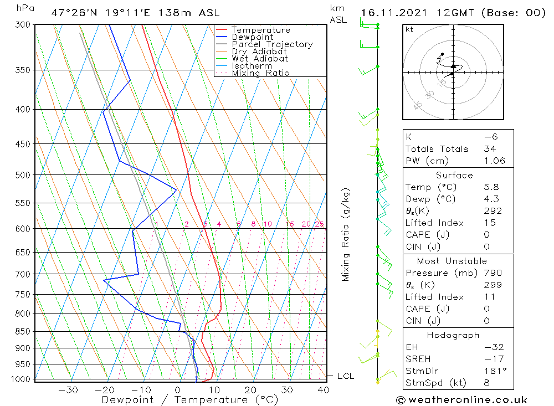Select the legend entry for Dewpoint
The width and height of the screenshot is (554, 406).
click(x=252, y=37)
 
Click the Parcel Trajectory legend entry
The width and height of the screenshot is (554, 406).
click(x=271, y=44)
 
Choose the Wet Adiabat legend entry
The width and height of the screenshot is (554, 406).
click(x=259, y=59)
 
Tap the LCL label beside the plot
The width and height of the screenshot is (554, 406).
click(x=345, y=376)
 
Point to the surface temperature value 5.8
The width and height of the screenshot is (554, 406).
click(x=490, y=187)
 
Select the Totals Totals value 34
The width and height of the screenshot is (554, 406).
click(x=490, y=148)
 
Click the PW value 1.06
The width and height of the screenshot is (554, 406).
click(x=494, y=161)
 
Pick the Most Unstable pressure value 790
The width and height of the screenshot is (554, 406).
click(x=493, y=273)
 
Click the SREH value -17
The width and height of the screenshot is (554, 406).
click(x=494, y=358)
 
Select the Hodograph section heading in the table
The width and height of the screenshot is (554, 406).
click(x=453, y=335)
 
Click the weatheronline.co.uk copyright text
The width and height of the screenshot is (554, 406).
click(x=461, y=400)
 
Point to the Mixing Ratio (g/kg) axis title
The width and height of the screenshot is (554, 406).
click(x=346, y=235)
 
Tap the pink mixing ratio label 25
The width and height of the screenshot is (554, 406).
click(x=319, y=224)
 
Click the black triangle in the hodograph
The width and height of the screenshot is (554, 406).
click(x=453, y=66)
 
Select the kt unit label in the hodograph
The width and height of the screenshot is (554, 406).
click(x=409, y=29)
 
